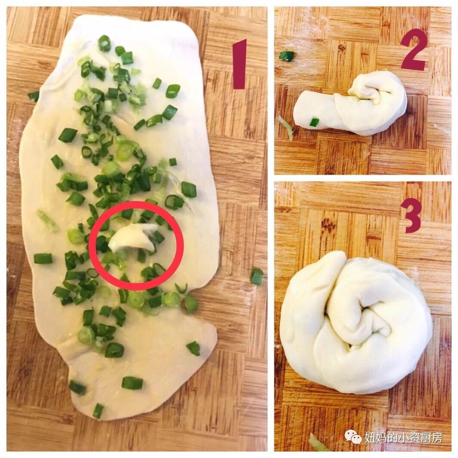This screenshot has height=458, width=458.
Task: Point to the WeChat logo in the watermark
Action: tap(353, 436)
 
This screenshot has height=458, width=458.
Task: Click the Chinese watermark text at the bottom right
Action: tap(403, 437)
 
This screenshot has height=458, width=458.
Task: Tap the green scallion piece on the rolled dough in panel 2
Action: tap(314, 122)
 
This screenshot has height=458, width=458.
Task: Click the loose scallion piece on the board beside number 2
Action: tap(286, 56)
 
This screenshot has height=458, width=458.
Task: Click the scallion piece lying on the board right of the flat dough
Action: tap(257, 276)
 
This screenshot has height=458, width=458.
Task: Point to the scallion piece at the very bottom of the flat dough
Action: tap(98, 410)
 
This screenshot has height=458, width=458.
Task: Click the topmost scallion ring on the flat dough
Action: tap(104, 43)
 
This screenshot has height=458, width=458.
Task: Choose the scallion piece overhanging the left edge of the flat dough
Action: tap(33, 96)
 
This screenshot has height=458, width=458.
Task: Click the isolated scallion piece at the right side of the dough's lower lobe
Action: tap(194, 348)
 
